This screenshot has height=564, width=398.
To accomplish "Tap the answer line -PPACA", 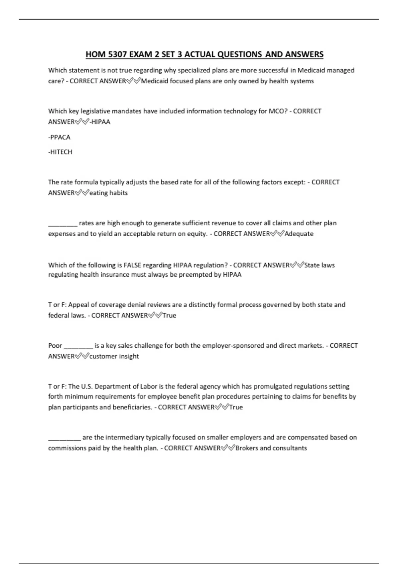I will tap(59, 137).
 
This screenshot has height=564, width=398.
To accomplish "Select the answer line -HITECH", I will tap(60, 152).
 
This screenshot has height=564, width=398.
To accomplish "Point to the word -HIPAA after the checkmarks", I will tap(100, 122).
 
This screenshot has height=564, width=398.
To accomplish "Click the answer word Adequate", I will tap(299, 234).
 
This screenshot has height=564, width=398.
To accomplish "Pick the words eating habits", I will tap(108, 193).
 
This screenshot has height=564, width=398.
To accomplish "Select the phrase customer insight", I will tap(114, 356).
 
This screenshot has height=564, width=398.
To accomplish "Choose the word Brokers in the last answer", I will tap(246, 448).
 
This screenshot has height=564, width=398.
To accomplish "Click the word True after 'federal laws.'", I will tap(169, 316).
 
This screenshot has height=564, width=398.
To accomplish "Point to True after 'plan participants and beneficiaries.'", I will tap(236, 407).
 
